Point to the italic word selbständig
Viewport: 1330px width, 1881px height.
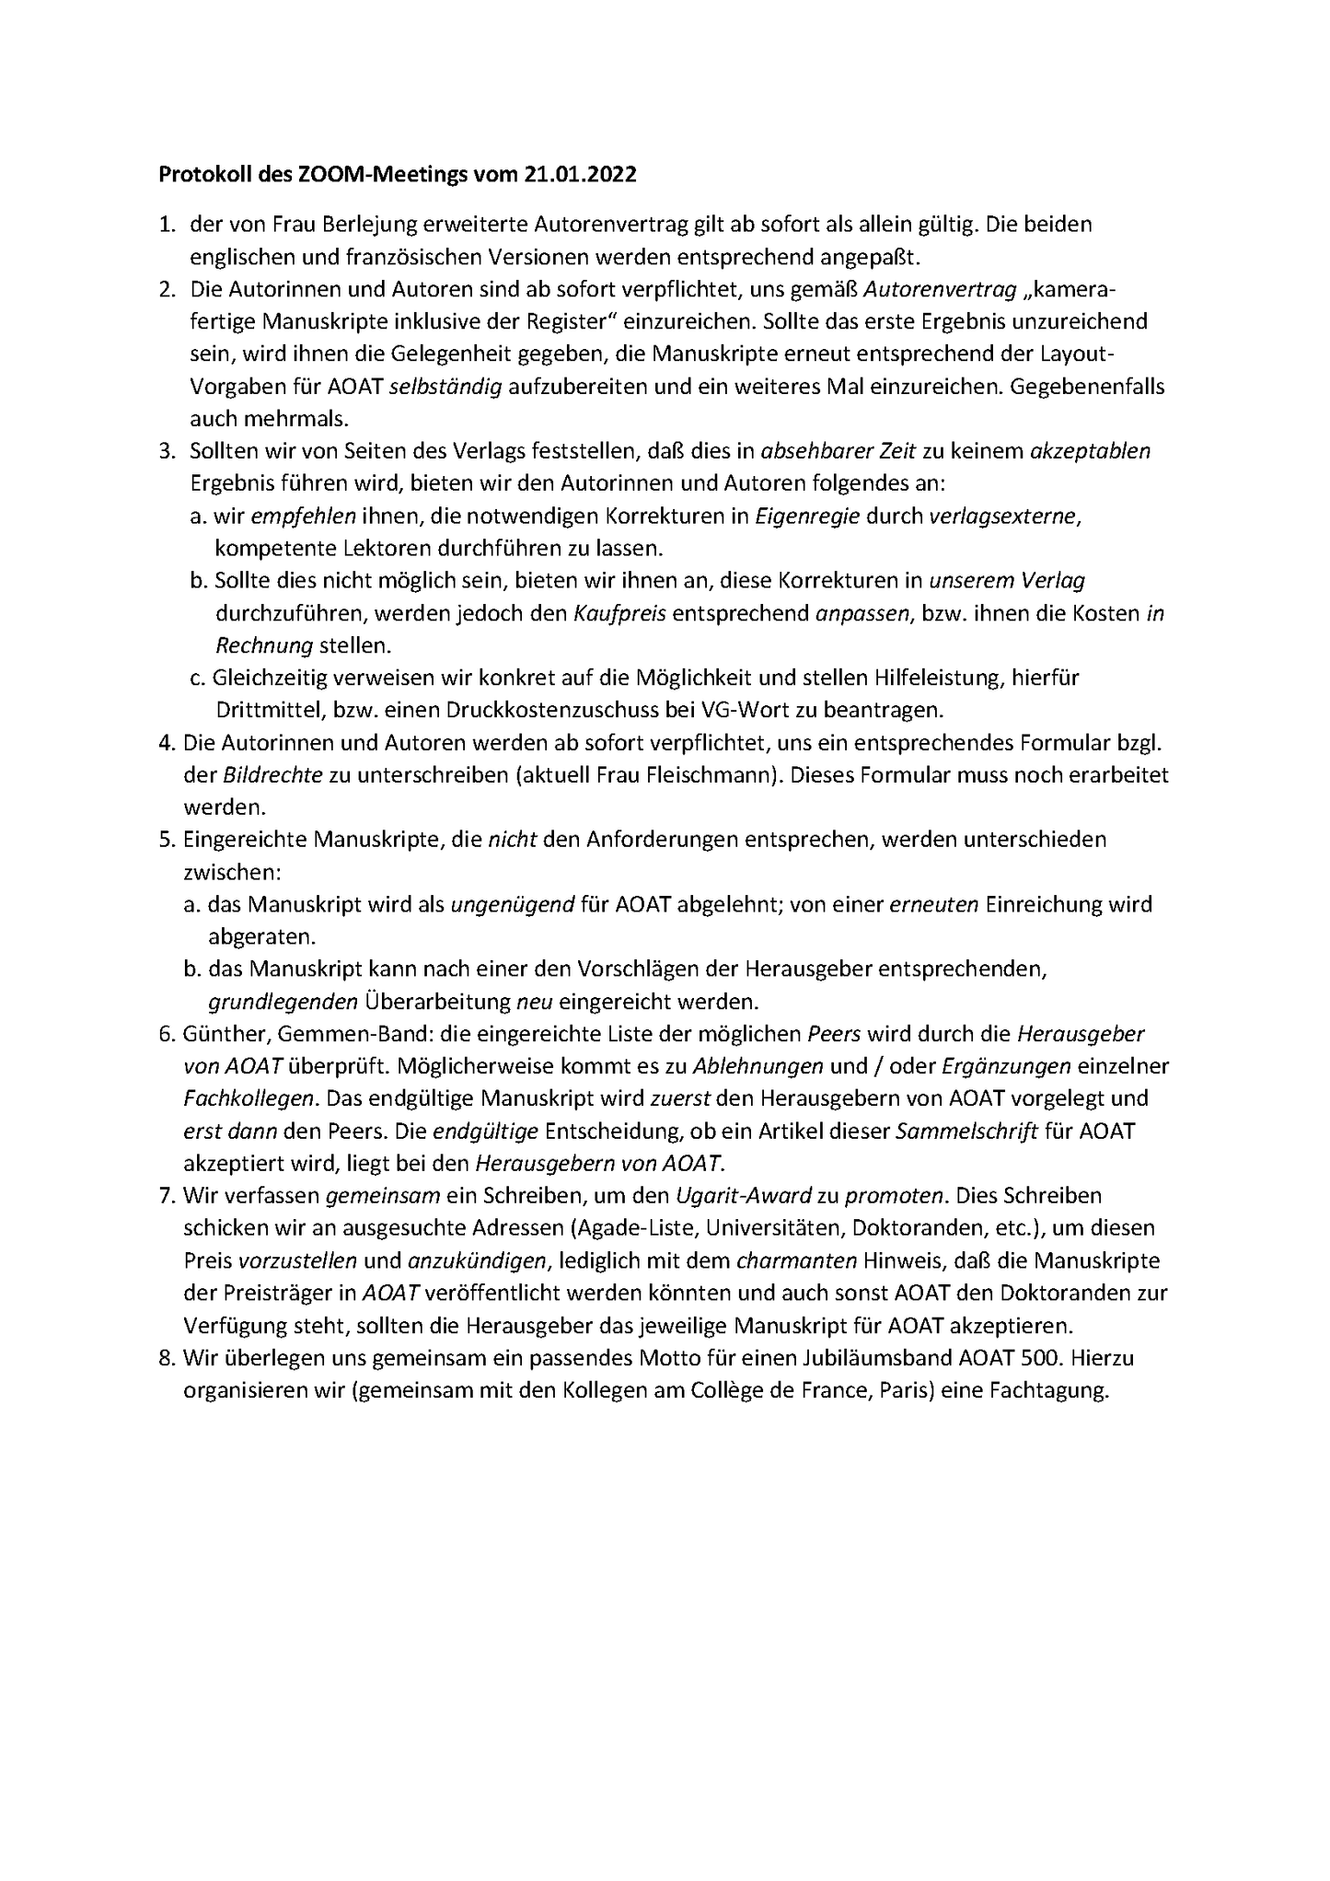445,387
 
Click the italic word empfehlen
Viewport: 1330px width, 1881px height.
290,517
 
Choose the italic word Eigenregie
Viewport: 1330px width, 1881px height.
807,517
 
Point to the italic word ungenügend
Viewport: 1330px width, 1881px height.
511,905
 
